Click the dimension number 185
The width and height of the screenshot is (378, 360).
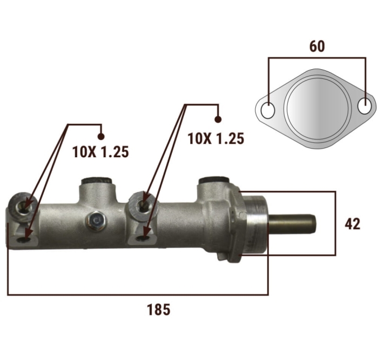(x=158, y=310)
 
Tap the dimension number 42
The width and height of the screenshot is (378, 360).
(x=352, y=224)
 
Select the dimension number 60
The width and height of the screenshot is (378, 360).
(x=317, y=46)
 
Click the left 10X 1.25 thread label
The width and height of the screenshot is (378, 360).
(x=100, y=152)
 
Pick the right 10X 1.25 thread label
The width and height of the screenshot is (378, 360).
(x=216, y=139)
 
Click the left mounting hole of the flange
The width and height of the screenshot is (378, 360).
(x=268, y=110)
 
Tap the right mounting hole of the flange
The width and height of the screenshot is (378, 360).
(x=364, y=106)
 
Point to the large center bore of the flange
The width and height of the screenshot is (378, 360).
(x=317, y=109)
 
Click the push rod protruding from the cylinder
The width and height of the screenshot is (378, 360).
(x=292, y=224)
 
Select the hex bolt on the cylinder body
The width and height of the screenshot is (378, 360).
(x=97, y=221)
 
